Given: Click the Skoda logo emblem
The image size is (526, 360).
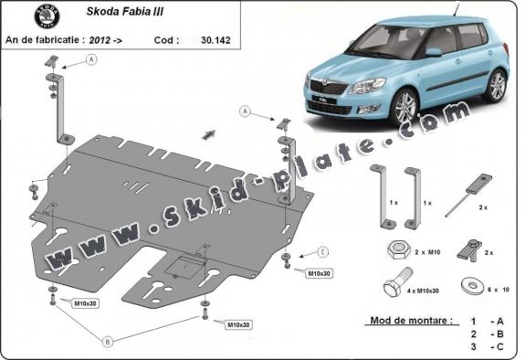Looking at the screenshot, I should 44,16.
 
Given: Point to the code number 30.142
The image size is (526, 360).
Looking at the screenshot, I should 198,40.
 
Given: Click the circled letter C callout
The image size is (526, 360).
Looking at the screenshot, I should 323,250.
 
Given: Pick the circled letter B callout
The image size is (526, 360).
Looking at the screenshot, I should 108,342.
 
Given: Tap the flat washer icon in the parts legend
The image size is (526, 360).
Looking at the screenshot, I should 472,282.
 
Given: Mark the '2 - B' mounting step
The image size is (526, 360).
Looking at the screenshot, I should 483,334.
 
